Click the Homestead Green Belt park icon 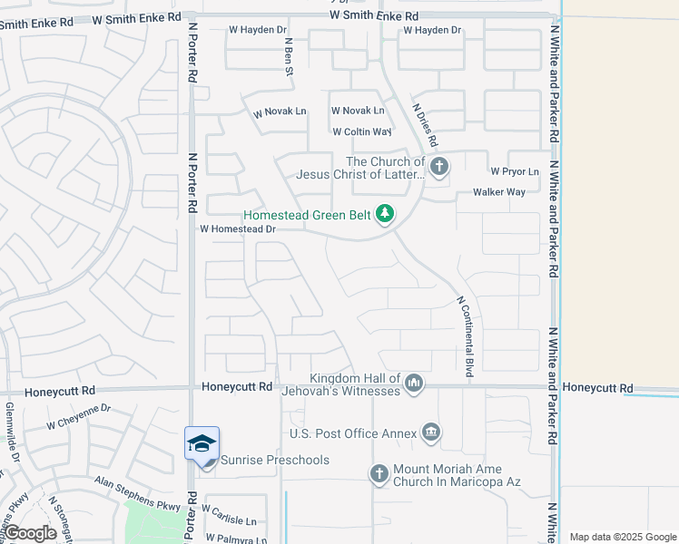[x=386, y=214]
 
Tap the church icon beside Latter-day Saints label [x=439, y=166]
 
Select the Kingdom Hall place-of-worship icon [x=415, y=384]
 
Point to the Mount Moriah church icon [x=379, y=472]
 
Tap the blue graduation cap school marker [x=202, y=442]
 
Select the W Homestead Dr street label [x=238, y=229]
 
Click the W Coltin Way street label [x=361, y=131]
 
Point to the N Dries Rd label [x=425, y=125]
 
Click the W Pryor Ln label [x=515, y=170]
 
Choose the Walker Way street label [x=499, y=192]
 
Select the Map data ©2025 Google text [x=623, y=537]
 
